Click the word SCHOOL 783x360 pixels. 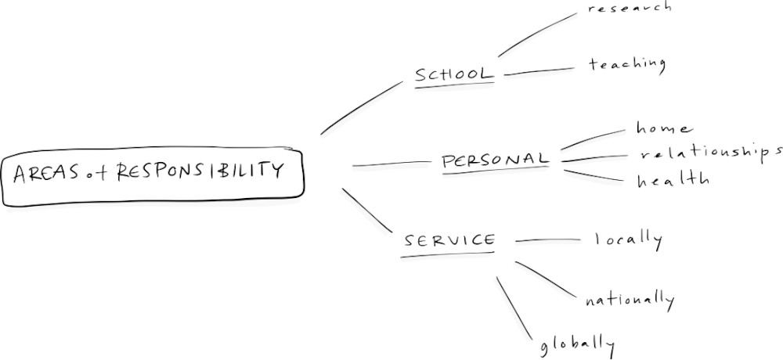tap(454, 74)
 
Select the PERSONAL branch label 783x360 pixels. tap(495, 160)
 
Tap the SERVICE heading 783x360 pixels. tap(449, 240)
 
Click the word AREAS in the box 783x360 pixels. tap(45, 173)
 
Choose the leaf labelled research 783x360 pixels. tap(629, 8)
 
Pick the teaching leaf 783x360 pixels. tap(626, 64)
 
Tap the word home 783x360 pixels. tap(664, 128)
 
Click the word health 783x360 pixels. tap(673, 180)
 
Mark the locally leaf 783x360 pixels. tap(628, 239)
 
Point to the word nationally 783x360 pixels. tap(629, 299)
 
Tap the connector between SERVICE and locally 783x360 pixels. tap(546, 240)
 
